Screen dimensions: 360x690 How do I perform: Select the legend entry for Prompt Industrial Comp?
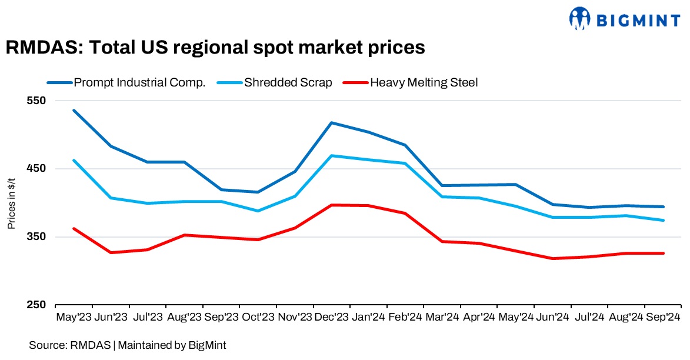[x=139, y=82]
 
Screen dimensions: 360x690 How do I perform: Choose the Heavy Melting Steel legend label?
[x=424, y=82]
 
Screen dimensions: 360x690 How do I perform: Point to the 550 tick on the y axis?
[x=37, y=101]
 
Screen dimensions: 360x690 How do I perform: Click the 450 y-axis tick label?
[x=37, y=169]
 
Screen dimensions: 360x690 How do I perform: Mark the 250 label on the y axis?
[x=37, y=305]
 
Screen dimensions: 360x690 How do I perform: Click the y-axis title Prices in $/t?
[x=11, y=203]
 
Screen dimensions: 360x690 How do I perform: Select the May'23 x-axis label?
[x=74, y=317]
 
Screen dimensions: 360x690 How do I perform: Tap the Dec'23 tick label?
[x=332, y=317]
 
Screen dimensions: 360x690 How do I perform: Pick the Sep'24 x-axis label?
[x=663, y=317]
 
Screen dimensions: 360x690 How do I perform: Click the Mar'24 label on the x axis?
[x=442, y=317]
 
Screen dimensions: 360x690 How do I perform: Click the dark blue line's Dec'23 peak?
[x=332, y=122]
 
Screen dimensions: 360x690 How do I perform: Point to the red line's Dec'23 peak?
[x=332, y=205]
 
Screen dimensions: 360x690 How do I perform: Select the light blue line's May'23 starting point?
[x=74, y=160]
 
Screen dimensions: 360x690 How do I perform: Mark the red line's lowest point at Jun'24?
[x=552, y=258]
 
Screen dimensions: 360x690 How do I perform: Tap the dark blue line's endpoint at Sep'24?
[x=664, y=206]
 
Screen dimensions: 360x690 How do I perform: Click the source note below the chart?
[x=128, y=345]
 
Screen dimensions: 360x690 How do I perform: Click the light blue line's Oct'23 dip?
[x=258, y=211]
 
